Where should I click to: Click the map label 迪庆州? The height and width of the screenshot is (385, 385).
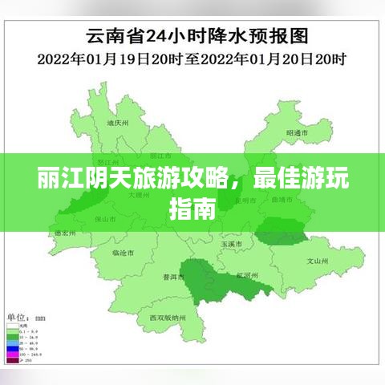118,124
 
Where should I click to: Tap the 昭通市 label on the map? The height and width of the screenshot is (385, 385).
297,132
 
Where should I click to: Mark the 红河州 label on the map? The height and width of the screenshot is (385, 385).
245,275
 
